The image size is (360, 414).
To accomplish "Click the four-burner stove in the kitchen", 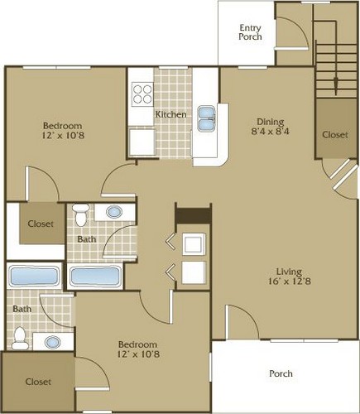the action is click(142, 94).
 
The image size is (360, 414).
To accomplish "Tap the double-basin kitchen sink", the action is click(206, 118).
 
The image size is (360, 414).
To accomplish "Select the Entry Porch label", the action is click(250, 32).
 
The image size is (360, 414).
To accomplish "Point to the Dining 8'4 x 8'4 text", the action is click(271, 126).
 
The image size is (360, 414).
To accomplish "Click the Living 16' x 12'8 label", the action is click(290, 277).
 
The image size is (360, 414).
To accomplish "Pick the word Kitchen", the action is click(170, 114).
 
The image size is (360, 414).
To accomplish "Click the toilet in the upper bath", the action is click(81, 215).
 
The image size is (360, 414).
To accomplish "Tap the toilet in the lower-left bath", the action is click(20, 339).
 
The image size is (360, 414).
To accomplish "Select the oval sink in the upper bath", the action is click(114, 212).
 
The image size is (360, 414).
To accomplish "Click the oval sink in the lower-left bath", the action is click(53, 342).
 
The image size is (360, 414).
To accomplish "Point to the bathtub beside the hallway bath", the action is click(95, 276).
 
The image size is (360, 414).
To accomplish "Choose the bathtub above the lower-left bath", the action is click(34, 276).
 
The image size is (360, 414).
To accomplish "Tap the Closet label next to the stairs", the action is click(335, 135).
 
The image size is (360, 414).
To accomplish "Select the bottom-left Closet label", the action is click(38, 382).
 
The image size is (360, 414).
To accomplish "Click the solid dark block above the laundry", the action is click(194, 215).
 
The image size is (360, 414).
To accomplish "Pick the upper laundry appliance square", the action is click(194, 244).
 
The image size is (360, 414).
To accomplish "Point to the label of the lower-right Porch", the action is click(281, 373).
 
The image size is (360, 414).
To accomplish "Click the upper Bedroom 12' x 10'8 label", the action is click(63, 131).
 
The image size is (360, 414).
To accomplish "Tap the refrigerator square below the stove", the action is click(142, 142).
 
